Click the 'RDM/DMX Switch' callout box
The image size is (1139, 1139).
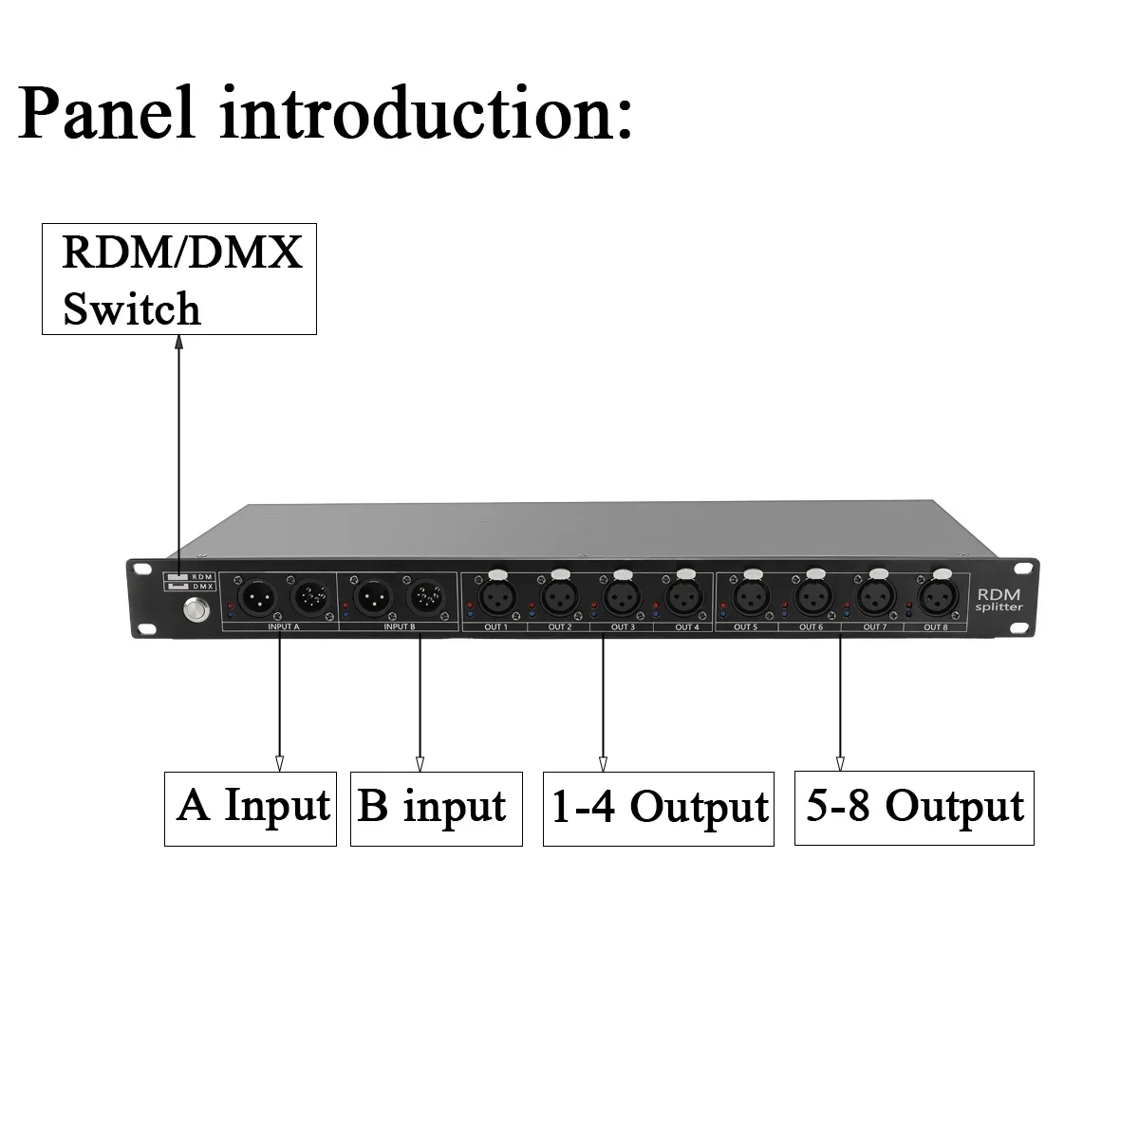pyautogui.click(x=178, y=279)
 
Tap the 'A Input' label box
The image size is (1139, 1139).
pyautogui.click(x=251, y=808)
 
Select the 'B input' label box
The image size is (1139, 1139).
pyautogui.click(x=436, y=808)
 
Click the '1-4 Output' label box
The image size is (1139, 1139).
pyautogui.click(x=658, y=808)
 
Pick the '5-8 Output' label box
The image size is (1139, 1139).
pyautogui.click(x=913, y=808)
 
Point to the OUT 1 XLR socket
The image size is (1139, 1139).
pyautogui.click(x=496, y=597)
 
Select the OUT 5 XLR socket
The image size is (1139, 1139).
pyautogui.click(x=751, y=597)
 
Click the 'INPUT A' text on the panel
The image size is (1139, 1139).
pyautogui.click(x=278, y=626)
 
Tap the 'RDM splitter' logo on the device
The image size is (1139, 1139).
pyautogui.click(x=997, y=599)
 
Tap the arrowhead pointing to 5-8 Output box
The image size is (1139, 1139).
pyautogui.click(x=840, y=762)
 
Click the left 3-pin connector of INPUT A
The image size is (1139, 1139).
pyautogui.click(x=253, y=597)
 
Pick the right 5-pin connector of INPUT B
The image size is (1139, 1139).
pyautogui.click(x=423, y=597)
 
